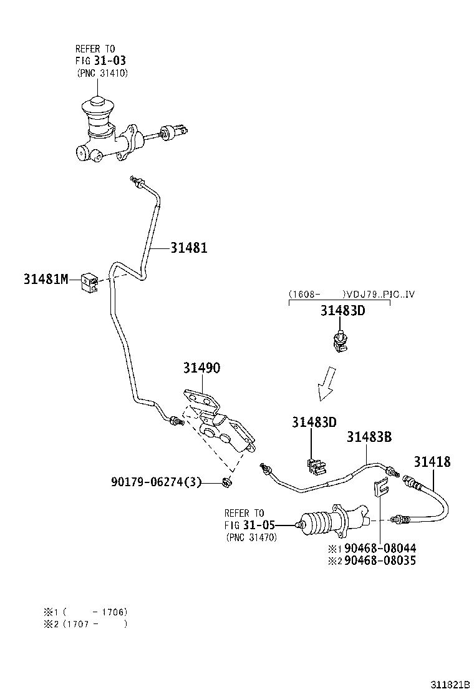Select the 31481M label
click(46, 279)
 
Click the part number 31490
click(201, 368)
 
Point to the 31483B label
click(369, 437)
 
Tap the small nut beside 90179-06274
click(228, 481)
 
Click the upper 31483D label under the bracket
click(342, 311)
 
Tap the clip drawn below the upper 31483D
click(340, 343)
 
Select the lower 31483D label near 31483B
click(313, 423)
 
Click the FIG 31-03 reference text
click(96, 61)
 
